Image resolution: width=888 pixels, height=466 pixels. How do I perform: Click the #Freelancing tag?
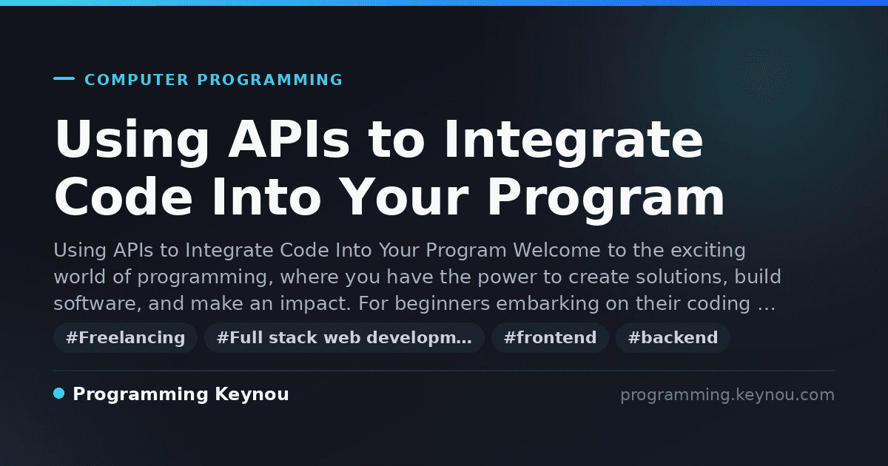(125, 337)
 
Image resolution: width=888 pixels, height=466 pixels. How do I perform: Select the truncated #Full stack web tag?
(344, 337)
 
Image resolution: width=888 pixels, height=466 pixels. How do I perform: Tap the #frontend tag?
(550, 337)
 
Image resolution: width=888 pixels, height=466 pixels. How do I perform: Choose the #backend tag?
(673, 337)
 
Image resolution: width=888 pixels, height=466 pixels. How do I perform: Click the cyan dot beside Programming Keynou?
(59, 394)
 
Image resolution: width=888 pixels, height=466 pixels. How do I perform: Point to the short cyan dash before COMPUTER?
(64, 78)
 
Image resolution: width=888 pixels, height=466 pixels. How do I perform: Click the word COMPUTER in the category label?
(137, 80)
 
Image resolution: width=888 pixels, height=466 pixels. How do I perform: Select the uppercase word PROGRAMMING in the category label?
(269, 80)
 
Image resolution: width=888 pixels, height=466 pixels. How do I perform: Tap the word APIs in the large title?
(289, 139)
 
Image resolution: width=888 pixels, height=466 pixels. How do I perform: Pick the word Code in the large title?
(124, 197)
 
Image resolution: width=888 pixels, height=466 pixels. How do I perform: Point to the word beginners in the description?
(443, 303)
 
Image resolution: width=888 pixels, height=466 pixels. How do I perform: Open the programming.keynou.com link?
(727, 395)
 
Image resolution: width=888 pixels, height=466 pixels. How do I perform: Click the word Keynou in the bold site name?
(252, 394)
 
